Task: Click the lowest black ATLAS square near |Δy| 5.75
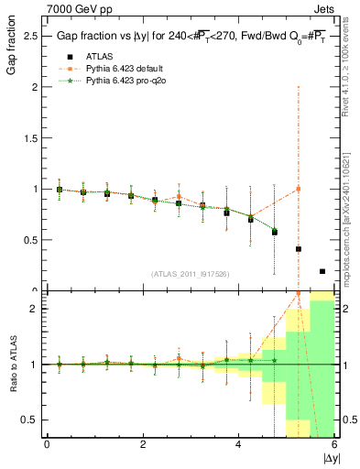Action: point(322,271)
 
